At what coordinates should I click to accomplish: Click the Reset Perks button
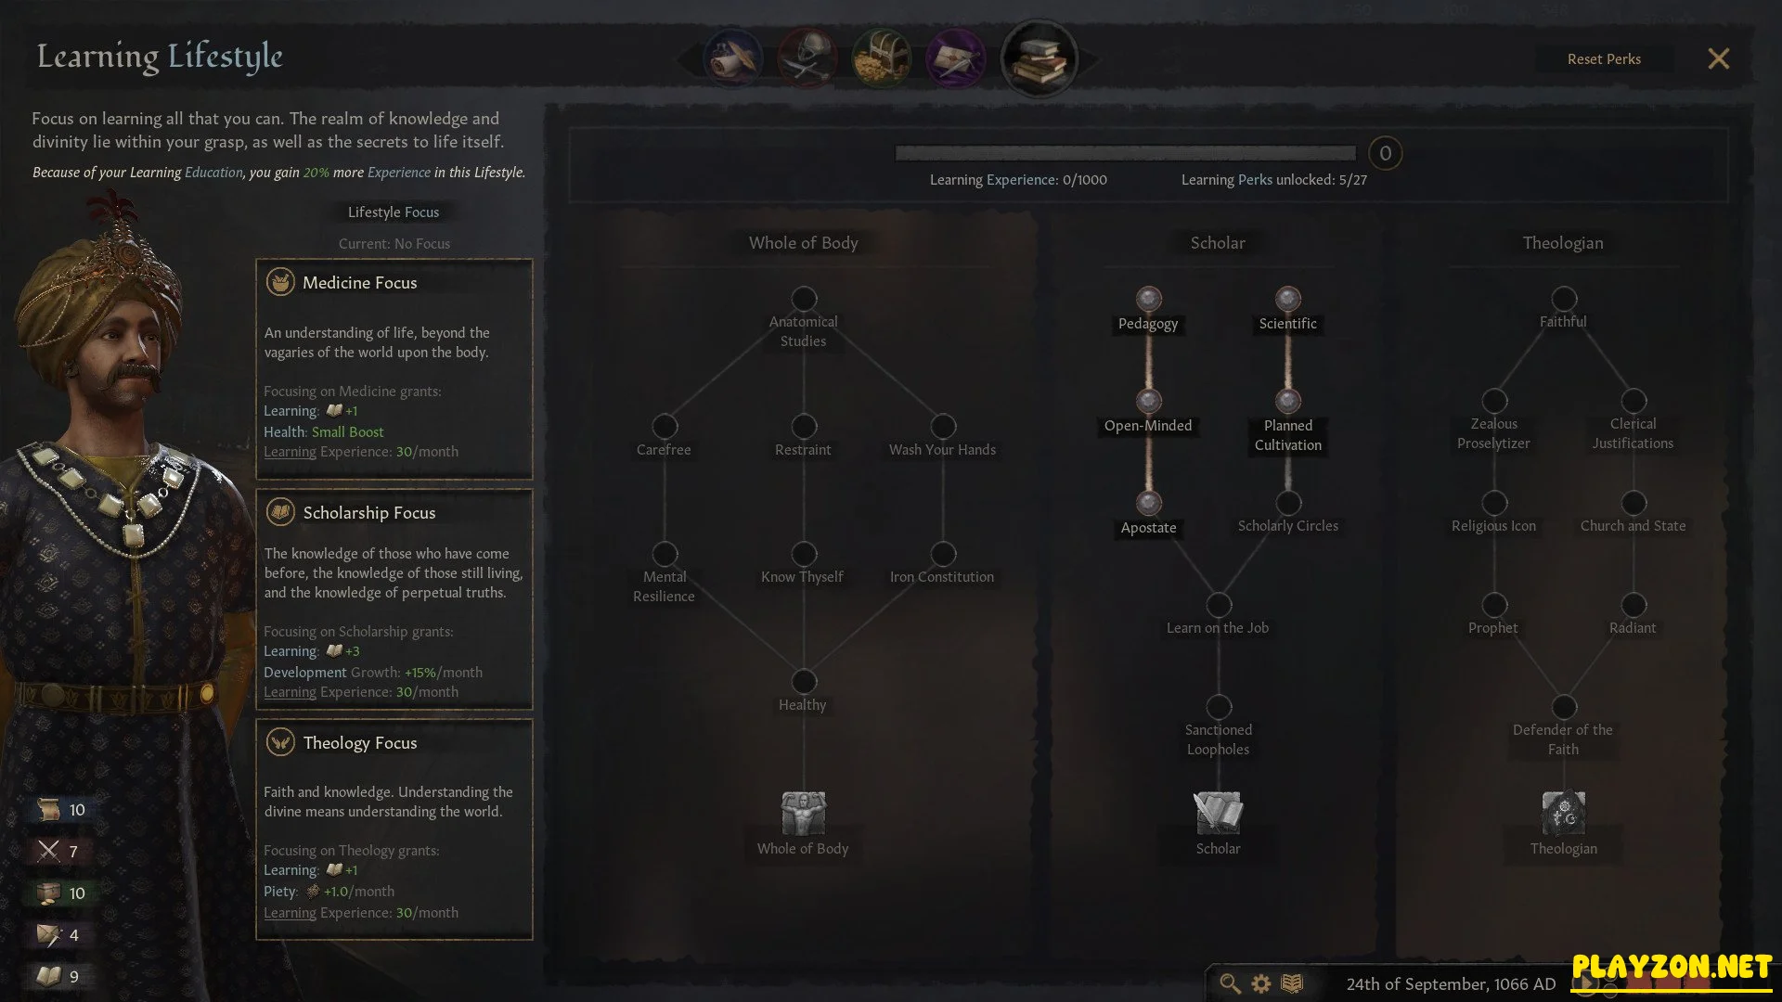[1604, 59]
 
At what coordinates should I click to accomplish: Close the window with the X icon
[1718, 59]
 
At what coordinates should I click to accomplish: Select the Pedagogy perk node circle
[1149, 299]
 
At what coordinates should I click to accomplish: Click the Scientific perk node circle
[1287, 299]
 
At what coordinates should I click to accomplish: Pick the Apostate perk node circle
[1149, 503]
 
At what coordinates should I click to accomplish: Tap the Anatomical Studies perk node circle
[804, 299]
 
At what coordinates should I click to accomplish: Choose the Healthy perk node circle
[804, 682]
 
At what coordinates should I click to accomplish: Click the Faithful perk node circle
[1564, 299]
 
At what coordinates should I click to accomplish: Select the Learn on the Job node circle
[1219, 605]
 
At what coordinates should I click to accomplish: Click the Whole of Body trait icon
[804, 814]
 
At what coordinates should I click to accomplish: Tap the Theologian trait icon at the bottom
[1564, 814]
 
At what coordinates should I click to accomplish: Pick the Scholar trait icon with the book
[1218, 814]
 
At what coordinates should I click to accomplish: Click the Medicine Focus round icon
[280, 282]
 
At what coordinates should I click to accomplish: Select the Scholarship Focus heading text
[369, 513]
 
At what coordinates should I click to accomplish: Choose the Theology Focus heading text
[360, 743]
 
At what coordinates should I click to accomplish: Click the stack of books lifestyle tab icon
[1039, 58]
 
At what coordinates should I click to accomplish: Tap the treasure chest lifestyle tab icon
[882, 58]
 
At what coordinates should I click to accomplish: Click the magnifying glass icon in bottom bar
[1230, 983]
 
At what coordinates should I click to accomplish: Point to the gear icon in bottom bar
[1261, 983]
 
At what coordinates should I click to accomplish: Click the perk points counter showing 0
[1385, 153]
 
